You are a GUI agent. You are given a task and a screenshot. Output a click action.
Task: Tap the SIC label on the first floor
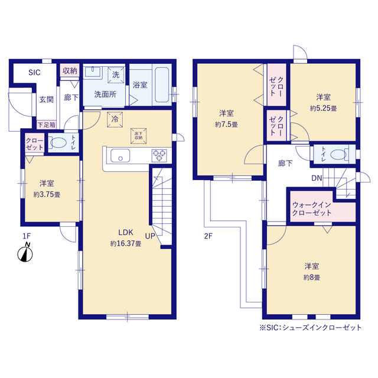[34, 72]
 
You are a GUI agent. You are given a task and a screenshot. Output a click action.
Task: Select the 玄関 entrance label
[46, 99]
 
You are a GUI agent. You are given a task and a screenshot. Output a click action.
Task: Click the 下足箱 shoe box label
[47, 125]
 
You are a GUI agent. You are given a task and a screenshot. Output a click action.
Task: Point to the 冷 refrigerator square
[115, 119]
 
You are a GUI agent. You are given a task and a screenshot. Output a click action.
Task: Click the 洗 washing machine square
[116, 75]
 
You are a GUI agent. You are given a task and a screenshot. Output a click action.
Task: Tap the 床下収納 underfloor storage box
[139, 136]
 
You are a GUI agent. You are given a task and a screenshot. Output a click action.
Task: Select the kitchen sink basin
[120, 155]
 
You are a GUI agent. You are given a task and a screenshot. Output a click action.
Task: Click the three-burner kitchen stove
[159, 155]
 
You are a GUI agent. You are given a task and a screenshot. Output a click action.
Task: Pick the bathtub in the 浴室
[162, 84]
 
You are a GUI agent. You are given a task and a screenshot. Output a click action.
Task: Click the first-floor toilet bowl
[58, 142]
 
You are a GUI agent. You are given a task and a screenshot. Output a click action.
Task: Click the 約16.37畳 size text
[126, 244]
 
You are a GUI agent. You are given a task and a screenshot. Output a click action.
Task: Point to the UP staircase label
[150, 236]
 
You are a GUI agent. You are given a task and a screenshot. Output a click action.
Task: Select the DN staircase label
[317, 178]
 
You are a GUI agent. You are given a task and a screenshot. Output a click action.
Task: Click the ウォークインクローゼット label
[312, 208]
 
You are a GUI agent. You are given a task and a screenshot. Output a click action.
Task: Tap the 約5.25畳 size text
[323, 109]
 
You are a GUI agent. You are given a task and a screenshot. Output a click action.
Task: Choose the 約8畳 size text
[312, 278]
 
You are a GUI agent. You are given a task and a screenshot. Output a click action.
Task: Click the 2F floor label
[208, 236]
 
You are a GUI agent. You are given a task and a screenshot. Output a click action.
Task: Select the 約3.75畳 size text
[47, 194]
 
